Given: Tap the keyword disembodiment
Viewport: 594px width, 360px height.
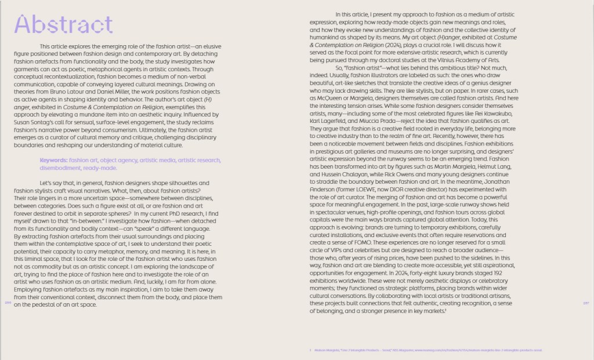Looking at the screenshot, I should [x=60, y=168].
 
